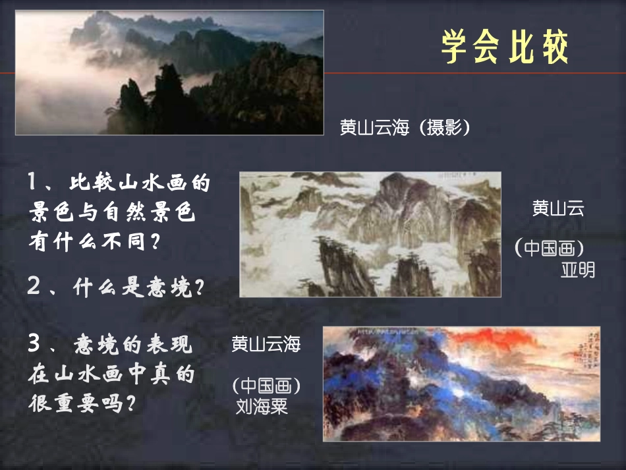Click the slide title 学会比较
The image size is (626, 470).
coord(505,47)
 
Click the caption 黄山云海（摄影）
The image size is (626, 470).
coord(406,127)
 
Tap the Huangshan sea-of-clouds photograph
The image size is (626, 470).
coord(169,72)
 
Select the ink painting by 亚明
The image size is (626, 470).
coord(370,234)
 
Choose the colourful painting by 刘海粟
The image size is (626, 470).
coord(461,383)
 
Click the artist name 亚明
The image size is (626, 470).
coord(577,270)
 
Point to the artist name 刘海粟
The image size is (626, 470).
coord(262,405)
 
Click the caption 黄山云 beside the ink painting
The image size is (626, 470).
coord(558,209)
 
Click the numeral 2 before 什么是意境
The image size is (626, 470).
coord(34,286)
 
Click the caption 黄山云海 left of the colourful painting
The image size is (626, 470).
coord(266,343)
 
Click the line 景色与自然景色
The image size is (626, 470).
coord(112,212)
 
